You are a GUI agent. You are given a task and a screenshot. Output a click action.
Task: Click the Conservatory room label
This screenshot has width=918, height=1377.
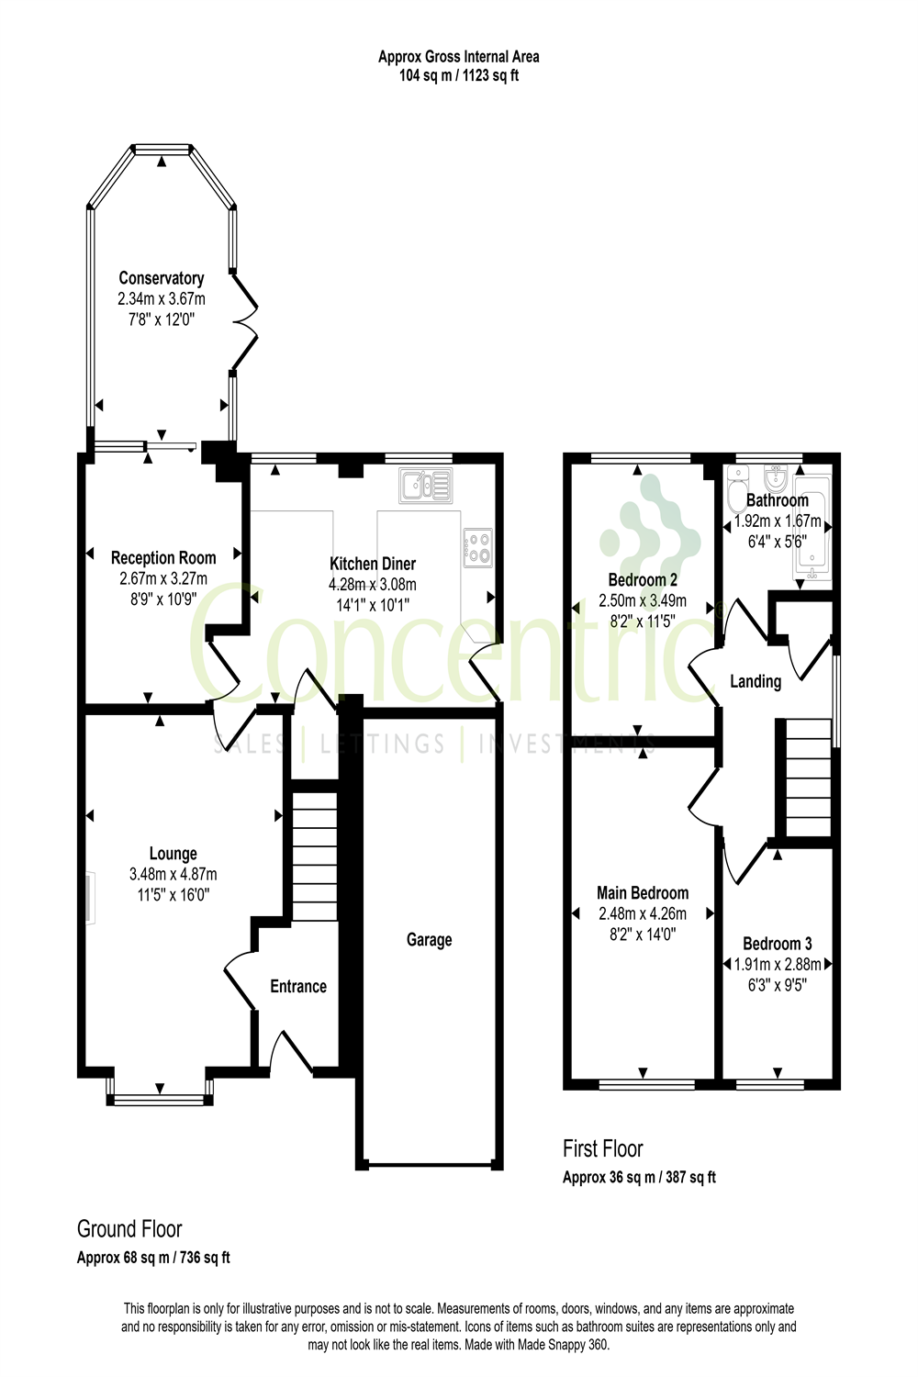click(x=162, y=278)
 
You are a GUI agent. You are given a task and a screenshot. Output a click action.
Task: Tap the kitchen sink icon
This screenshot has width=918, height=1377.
click(x=426, y=486)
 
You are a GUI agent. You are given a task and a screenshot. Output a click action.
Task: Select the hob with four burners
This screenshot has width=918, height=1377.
click(x=477, y=548)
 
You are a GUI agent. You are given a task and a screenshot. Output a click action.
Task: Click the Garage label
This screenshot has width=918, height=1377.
click(x=429, y=940)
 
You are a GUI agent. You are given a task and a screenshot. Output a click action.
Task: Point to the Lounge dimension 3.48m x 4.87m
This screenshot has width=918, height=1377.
click(x=174, y=874)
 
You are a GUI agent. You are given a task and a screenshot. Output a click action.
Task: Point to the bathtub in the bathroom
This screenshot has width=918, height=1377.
click(x=812, y=532)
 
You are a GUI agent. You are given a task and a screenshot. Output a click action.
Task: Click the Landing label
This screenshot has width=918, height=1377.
click(x=756, y=681)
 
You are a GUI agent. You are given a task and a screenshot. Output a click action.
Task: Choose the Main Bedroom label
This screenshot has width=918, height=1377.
click(x=643, y=893)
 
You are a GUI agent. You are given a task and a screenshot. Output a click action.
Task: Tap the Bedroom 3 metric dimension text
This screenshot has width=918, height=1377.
click(x=778, y=965)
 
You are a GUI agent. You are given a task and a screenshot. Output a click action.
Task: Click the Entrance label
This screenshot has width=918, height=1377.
click(x=298, y=987)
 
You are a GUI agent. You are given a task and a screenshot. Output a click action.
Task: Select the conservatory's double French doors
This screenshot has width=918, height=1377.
click(x=244, y=321)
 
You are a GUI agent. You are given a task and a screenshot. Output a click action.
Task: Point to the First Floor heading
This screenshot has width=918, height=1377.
click(x=603, y=1148)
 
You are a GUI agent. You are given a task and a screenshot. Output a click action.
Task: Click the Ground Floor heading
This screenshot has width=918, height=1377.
click(x=129, y=1229)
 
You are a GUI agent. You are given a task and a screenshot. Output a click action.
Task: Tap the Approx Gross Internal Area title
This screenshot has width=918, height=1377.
click(x=459, y=57)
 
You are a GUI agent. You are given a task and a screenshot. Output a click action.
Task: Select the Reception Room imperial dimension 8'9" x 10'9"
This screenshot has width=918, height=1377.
click(x=163, y=599)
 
